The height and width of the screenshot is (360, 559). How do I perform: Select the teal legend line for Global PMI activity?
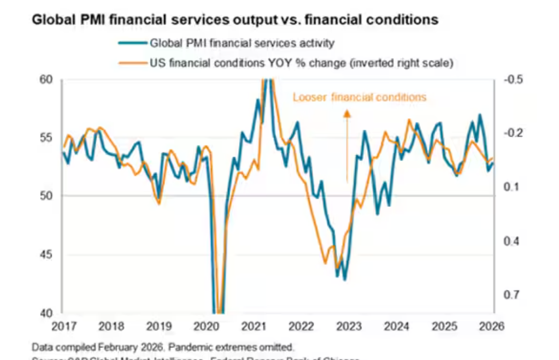[x=133, y=43]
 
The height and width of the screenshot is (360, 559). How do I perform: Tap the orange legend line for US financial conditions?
[x=133, y=63]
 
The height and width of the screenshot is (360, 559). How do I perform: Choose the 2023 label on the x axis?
[x=349, y=327]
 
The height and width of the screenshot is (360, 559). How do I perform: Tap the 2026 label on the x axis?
[x=492, y=327]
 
